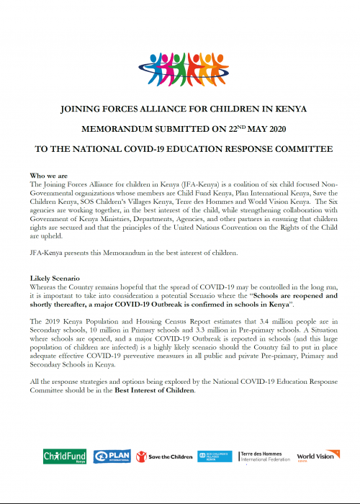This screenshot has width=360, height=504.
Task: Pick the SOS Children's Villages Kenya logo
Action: click(215, 456)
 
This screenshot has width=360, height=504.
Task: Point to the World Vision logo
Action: click(315, 456)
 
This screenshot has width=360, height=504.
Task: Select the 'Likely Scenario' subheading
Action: click(55, 277)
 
